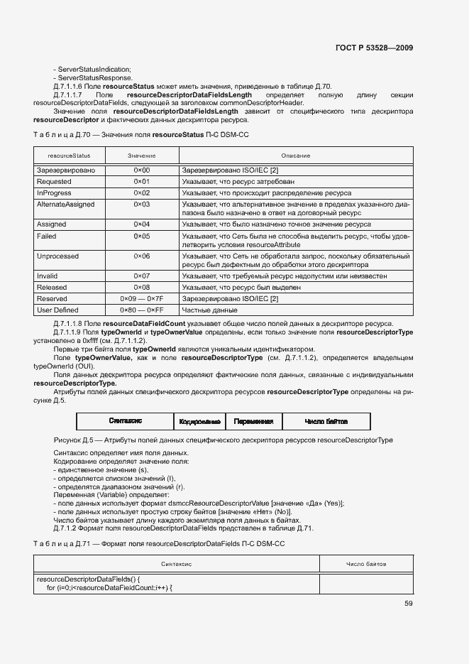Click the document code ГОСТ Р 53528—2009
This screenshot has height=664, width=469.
(374, 48)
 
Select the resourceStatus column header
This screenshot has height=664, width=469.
(69, 155)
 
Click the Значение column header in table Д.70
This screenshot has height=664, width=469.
(142, 155)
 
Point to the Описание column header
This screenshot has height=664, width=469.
(295, 155)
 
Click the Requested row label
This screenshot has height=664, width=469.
(54, 182)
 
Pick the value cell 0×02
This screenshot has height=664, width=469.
(142, 192)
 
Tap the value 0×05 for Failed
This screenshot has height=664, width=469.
(142, 236)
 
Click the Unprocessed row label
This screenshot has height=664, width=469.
(58, 256)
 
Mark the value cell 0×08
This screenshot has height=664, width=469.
(142, 288)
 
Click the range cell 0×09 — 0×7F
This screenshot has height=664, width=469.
(142, 299)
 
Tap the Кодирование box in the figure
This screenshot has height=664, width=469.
(201, 421)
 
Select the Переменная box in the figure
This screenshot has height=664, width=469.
(253, 421)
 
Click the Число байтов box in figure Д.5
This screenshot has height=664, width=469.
(326, 421)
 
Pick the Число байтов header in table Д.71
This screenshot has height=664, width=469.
(366, 563)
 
